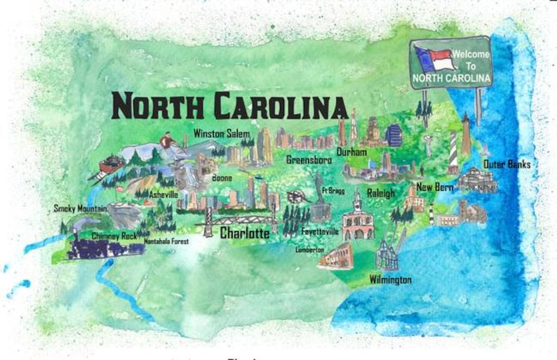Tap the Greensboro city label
(309, 160)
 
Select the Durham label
(351, 152)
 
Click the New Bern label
(435, 187)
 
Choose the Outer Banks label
(506, 164)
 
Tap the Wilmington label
(390, 280)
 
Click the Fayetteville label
(320, 231)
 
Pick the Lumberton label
(309, 250)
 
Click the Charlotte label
(245, 234)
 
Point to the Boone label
(222, 179)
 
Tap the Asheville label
(163, 194)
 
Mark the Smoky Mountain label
(81, 208)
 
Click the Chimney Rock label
(114, 236)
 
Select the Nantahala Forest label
(166, 241)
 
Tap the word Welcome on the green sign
(466, 54)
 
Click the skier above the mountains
(167, 142)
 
